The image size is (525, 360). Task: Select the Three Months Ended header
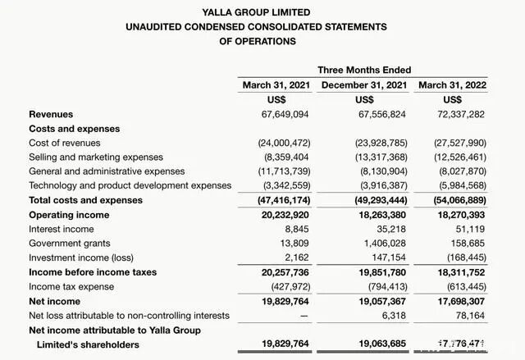[x=364, y=70]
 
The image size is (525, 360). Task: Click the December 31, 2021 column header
[x=364, y=85]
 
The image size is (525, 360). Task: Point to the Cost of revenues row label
[x=65, y=144]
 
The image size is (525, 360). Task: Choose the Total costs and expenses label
[x=85, y=200]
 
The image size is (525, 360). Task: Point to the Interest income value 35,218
[x=390, y=229]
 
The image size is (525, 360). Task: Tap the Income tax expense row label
[x=71, y=286]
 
